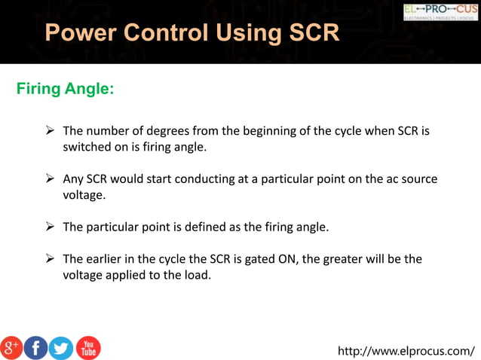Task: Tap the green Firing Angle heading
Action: point(65,90)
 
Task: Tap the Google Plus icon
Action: point(11,347)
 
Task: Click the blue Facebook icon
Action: point(36,347)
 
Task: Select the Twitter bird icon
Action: point(61,347)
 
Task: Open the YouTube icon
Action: point(87,347)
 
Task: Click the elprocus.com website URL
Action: point(406,350)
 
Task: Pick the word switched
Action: point(87,147)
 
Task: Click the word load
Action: point(197,275)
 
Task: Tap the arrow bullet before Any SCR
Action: point(51,179)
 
